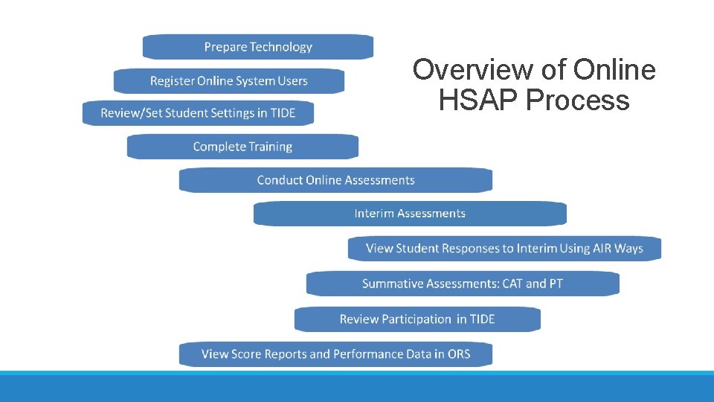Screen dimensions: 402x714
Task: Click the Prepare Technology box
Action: [x=258, y=47]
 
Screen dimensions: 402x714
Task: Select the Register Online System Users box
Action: [x=229, y=80]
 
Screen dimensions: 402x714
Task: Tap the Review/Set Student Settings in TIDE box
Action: [x=199, y=113]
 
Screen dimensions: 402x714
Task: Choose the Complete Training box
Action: [x=242, y=147]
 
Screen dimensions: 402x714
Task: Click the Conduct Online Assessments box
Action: [x=335, y=180]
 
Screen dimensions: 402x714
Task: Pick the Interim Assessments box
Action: [x=410, y=214]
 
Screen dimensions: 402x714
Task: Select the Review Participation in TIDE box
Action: [x=417, y=319]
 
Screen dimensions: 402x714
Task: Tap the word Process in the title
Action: [x=578, y=100]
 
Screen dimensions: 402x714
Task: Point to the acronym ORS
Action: [x=459, y=354]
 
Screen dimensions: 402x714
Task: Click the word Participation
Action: [x=415, y=319]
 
